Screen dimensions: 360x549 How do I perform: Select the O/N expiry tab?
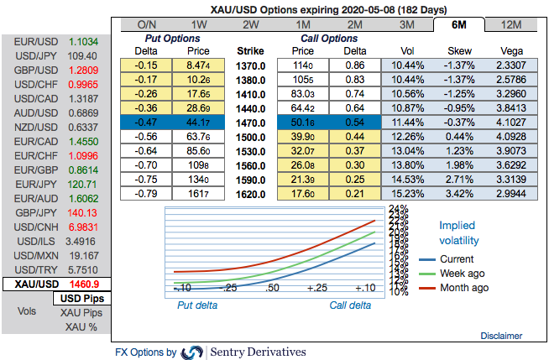pos(146,24)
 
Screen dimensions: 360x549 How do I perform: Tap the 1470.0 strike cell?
pos(252,123)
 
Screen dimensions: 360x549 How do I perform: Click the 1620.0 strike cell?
pos(252,194)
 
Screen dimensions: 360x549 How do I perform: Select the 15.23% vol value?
pos(405,194)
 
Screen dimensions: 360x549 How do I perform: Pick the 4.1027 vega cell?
pos(507,123)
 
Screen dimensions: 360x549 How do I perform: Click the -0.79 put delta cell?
pos(150,194)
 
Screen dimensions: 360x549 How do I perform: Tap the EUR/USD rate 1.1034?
pos(84,40)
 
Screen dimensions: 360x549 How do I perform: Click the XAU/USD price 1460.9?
pos(84,284)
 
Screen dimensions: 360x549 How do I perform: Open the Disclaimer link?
pos(501,336)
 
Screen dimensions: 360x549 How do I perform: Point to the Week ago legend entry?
pos(464,274)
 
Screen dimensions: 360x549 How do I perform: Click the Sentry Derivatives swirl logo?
pos(192,352)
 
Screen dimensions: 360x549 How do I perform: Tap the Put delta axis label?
pos(196,305)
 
